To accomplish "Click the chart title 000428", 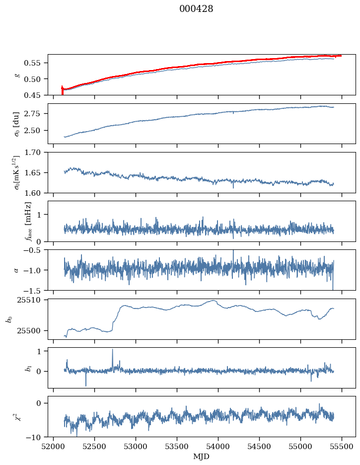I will coord(196,9).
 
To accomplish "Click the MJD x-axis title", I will coord(201,457).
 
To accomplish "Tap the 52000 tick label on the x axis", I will coord(54,447).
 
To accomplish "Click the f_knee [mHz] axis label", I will coord(28,221).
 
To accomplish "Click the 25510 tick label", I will coord(33,300).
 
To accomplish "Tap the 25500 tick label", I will coord(33,330).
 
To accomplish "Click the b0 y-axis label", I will coord(9,318).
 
